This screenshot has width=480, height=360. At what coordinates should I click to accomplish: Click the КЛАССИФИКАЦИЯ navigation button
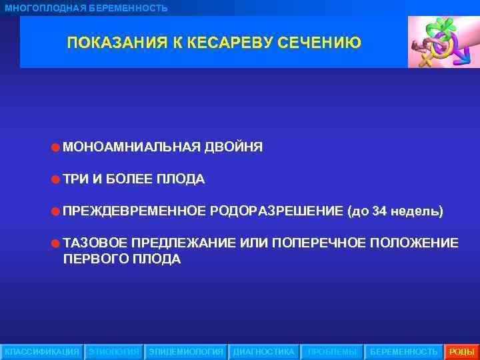coord(42,351)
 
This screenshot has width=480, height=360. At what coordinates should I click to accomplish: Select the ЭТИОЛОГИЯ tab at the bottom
coord(114,351)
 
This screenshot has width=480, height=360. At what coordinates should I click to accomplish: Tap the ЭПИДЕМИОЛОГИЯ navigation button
coord(186,351)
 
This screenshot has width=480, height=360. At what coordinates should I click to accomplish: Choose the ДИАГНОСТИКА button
coord(263,351)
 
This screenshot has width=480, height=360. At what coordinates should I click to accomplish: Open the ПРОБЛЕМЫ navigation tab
coord(332,351)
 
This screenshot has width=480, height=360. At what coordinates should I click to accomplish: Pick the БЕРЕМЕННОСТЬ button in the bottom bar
coord(404,351)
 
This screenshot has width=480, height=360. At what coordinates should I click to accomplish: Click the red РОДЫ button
coord(462,351)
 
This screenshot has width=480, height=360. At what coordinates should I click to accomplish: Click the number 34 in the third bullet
coord(380,211)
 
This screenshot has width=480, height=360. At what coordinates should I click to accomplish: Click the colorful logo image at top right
coord(443,41)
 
